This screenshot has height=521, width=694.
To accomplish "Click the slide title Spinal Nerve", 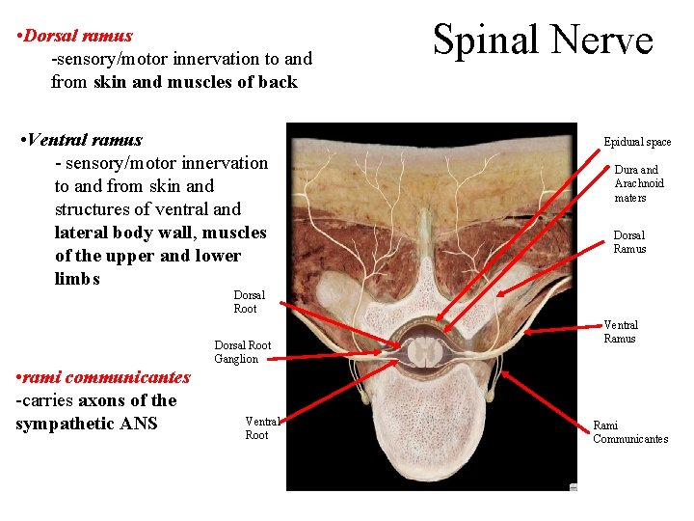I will click(x=543, y=41).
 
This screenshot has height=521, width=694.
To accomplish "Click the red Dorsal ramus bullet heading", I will click(x=78, y=36).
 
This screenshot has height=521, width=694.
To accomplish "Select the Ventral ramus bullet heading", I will click(x=85, y=140).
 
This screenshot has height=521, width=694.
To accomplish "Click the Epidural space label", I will click(x=637, y=142).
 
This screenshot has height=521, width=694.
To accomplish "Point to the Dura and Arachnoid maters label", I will click(x=639, y=183).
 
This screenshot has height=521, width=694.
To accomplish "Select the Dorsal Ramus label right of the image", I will click(x=629, y=242).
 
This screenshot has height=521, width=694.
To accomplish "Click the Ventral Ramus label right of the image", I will click(x=620, y=332).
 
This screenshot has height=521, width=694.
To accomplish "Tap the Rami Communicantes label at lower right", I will click(x=629, y=432).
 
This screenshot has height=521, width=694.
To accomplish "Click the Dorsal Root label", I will click(x=245, y=302).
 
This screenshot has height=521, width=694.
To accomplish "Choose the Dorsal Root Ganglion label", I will click(x=242, y=352).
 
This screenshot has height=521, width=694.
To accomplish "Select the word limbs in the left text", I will click(x=77, y=279).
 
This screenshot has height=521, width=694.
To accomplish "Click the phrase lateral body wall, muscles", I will click(x=160, y=233).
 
